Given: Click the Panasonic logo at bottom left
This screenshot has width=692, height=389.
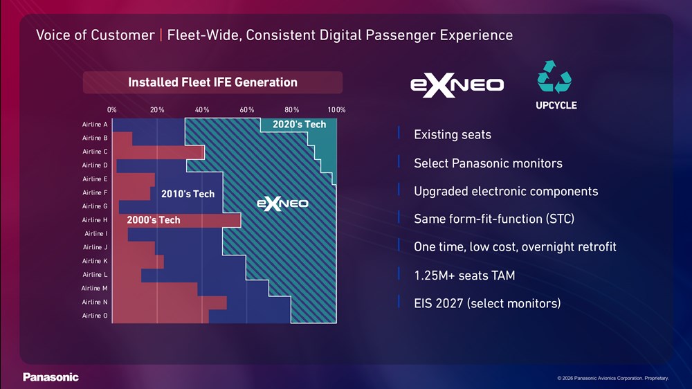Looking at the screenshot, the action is (x=51, y=377).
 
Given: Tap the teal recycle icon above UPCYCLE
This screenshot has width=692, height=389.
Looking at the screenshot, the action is (x=554, y=77).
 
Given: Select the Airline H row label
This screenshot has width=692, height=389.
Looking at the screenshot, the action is (x=94, y=220).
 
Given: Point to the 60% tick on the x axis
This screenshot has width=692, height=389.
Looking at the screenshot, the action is (x=247, y=110).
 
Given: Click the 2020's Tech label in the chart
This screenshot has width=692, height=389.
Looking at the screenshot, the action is (x=299, y=125).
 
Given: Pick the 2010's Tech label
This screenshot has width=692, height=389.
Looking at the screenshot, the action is (x=188, y=194).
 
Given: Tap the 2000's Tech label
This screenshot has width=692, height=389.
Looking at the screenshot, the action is (x=154, y=220).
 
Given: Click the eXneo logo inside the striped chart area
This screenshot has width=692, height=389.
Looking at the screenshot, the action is (x=282, y=203).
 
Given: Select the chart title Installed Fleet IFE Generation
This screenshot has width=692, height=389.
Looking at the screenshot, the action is (x=212, y=82).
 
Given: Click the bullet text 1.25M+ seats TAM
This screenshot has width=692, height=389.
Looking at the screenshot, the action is (x=464, y=275).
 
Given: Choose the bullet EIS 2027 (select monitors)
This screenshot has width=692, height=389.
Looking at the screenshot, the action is (x=487, y=303).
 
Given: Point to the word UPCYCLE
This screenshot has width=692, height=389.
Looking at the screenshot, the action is (x=556, y=105).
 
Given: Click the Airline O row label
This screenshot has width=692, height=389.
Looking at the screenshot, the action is (x=94, y=316).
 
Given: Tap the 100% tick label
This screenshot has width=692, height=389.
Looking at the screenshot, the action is (x=336, y=110).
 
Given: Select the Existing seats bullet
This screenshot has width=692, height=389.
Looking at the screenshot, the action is (x=453, y=135).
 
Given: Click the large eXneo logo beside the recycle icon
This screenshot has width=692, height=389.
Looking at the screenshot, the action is (x=457, y=84).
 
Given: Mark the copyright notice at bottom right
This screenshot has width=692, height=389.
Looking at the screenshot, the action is (x=613, y=378).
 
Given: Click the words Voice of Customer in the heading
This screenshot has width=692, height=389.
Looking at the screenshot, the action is (x=95, y=35).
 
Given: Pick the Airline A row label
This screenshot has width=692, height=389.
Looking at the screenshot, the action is (x=94, y=125).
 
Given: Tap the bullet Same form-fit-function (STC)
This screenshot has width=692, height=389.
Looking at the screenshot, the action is (x=494, y=219).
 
